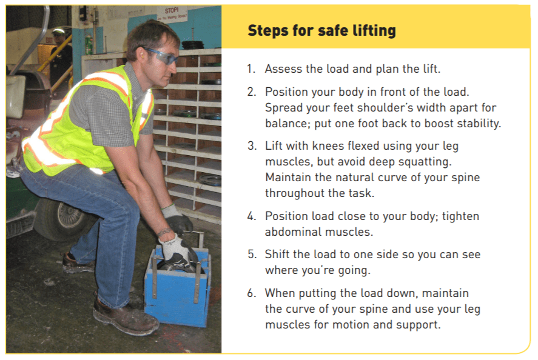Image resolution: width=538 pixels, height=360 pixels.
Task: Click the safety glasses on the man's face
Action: point(161,56)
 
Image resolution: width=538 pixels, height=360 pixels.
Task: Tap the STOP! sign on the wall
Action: point(172,14)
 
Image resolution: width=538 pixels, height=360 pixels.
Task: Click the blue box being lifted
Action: point(178,285)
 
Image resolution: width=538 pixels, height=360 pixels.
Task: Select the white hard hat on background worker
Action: point(58,31)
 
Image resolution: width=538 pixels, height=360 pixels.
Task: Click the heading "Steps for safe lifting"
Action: point(321,30)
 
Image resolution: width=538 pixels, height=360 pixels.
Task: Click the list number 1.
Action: point(251,69)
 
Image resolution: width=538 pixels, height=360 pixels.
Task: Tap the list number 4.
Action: point(252,216)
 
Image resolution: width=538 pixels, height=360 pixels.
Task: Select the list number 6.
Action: point(252,293)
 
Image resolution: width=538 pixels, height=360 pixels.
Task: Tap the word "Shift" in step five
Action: point(277,255)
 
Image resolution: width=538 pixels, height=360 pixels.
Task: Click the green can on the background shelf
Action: point(89,45)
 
